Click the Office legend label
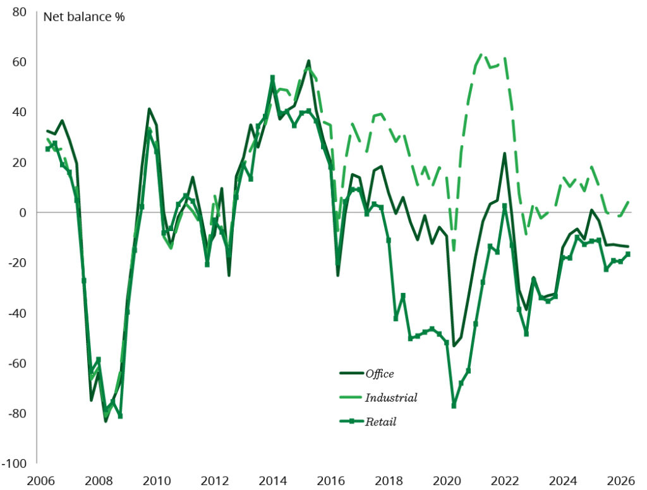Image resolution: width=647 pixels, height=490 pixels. tap(379, 374)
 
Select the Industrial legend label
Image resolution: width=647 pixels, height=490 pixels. tap(390, 398)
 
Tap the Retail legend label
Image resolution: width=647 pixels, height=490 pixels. tap(380, 422)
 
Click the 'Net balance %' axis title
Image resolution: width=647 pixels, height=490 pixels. tap(84, 17)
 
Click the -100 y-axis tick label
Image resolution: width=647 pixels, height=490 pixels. tap(15, 463)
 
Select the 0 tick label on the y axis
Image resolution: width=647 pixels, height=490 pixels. tap(23, 212)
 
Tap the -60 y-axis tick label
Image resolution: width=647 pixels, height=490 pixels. tap(17, 363)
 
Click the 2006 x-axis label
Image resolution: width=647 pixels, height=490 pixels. tap(40, 481)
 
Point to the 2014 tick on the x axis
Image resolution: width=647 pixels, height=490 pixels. tap(272, 481)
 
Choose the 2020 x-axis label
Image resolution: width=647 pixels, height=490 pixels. tap(447, 481)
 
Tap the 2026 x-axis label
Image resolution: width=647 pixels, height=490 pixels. tap(621, 481)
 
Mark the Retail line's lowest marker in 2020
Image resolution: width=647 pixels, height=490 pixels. tap(454, 406)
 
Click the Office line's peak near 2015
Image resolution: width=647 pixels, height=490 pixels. tap(308, 61)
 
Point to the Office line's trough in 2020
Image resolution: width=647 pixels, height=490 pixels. tap(454, 345)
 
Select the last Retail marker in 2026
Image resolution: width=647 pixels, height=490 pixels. tap(628, 254)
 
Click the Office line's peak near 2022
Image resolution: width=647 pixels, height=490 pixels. tap(504, 153)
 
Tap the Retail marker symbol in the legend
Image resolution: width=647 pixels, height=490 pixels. tap(351, 422)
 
